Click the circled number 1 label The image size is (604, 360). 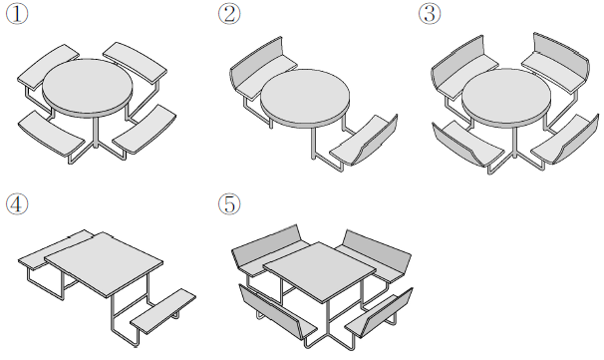17,14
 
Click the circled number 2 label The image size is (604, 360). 229,14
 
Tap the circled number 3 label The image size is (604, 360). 430,14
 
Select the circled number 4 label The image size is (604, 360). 17,203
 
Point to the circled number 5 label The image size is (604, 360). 229,203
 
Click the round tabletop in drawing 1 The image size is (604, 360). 88,87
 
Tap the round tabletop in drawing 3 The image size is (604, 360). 506,97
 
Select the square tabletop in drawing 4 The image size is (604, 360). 104,262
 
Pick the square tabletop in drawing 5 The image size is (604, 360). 319,270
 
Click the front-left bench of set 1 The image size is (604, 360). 51,133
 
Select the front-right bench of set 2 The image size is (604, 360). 365,141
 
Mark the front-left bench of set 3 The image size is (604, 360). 468,144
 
